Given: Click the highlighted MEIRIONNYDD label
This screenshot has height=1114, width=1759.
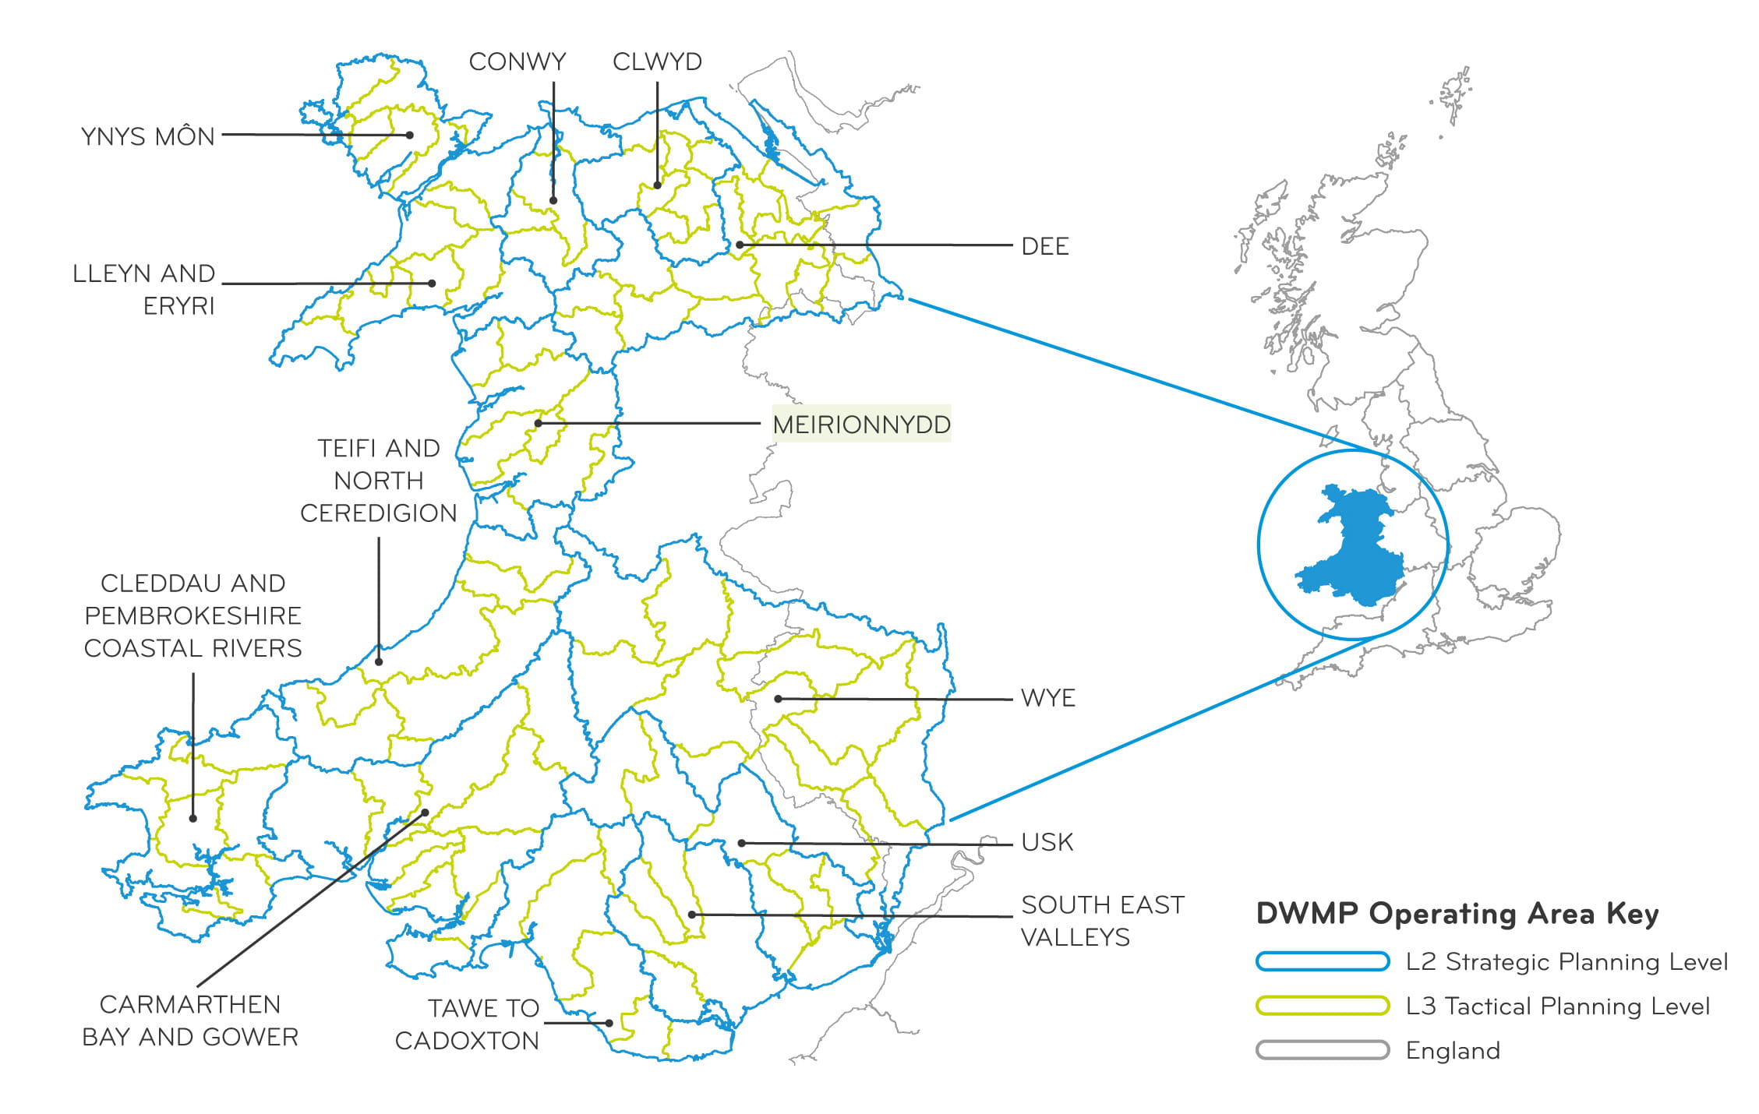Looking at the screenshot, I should click(861, 424).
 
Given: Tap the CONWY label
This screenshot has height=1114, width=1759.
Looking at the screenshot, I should click(517, 62).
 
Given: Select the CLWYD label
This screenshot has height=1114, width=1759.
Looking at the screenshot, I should click(657, 62).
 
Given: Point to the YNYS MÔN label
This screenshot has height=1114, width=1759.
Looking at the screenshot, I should click(147, 136).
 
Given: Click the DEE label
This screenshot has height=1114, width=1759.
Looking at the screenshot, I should click(1044, 246).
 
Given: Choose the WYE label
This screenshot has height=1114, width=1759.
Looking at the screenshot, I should click(1047, 697).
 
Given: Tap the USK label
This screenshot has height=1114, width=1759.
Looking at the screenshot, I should click(1047, 842).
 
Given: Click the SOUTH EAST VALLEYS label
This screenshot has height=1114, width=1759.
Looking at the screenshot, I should click(1101, 920).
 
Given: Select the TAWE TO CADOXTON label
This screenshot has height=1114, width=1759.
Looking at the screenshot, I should click(467, 1024).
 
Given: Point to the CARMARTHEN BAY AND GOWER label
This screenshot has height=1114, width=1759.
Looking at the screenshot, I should click(190, 1021).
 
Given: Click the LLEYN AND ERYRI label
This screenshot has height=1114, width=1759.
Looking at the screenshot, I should click(144, 289).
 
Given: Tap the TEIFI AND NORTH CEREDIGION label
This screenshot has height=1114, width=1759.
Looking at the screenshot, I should click(379, 481).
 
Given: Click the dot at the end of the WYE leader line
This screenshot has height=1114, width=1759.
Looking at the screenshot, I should click(778, 699).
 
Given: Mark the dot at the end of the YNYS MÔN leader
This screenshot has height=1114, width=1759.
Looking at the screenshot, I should click(410, 135).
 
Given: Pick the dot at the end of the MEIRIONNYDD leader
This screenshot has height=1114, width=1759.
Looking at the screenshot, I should click(539, 423).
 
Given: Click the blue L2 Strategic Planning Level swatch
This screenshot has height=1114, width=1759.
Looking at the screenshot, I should click(1322, 961).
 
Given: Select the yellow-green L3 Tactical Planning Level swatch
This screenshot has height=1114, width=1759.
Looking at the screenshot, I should click(1322, 1006).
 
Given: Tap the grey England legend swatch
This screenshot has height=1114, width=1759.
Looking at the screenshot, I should click(1322, 1050).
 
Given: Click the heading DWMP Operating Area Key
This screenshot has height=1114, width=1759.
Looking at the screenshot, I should click(1457, 914).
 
